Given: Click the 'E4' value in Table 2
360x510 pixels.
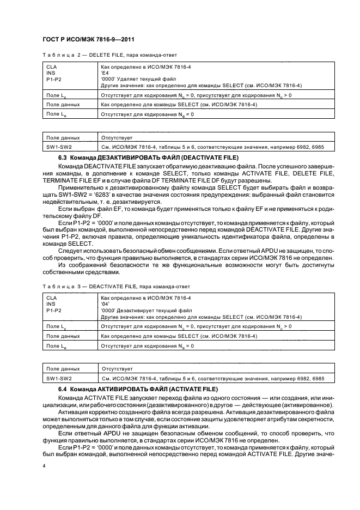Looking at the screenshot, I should pos(106,72).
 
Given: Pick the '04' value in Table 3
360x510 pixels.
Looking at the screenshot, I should pos(106,304).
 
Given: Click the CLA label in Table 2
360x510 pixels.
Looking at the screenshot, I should pos(51,66).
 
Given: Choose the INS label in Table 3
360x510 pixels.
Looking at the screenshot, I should pos(51,304).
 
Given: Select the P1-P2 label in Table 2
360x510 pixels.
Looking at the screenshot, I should pos(54,78).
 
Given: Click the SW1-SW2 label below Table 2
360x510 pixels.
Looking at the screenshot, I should pos(57,147).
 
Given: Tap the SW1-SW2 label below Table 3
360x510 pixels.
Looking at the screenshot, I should pos(57,378).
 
